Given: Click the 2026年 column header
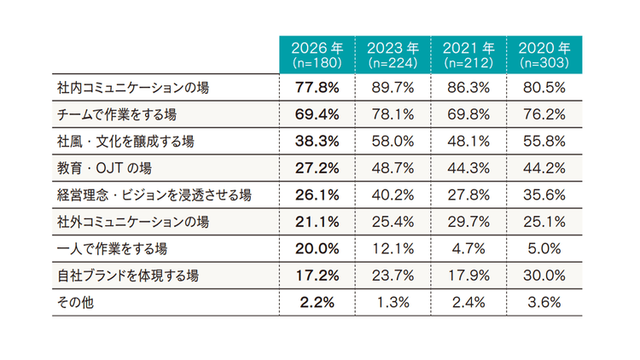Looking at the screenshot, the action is (317, 55).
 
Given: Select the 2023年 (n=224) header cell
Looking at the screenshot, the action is (393, 55).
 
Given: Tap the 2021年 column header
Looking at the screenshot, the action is (468, 55).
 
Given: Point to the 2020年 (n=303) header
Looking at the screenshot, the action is (544, 55).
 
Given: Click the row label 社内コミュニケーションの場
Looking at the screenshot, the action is (133, 87).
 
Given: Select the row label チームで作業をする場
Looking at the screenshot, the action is (117, 114).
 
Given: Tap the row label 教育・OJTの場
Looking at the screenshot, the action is (104, 168).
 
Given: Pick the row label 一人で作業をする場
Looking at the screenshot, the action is (112, 248).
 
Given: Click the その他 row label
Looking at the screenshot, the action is (75, 303).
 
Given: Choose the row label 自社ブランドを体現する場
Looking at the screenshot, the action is (128, 276).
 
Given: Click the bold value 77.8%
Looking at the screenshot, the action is (317, 87).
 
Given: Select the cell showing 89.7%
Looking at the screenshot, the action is (393, 87).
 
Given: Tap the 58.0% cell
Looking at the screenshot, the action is (393, 142).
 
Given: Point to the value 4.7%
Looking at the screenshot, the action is (468, 248).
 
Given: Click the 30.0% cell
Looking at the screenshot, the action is (544, 276).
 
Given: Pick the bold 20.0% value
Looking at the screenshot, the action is (317, 248).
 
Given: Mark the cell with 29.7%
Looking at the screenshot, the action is (468, 222).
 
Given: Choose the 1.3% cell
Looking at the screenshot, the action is (393, 303).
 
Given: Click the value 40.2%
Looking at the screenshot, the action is (393, 195).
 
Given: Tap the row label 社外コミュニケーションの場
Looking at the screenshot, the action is (133, 222).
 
